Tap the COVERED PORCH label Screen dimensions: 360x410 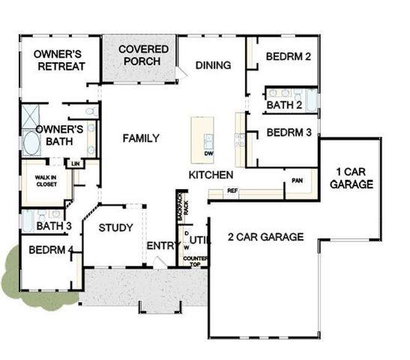(x=143, y=55)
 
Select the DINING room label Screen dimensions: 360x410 (x=213, y=65)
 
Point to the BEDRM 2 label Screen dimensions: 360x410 (x=288, y=57)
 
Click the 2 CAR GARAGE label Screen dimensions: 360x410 (x=265, y=237)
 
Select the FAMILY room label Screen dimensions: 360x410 (x=141, y=138)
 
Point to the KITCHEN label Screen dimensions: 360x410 (x=211, y=175)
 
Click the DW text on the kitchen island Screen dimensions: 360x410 (x=208, y=153)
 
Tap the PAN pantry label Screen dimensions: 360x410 (x=298, y=181)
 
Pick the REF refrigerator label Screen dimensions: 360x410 (x=232, y=191)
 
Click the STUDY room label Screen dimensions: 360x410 (x=115, y=228)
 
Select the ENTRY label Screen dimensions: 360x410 (x=160, y=246)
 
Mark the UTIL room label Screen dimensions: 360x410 (x=198, y=240)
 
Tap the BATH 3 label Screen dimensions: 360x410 (x=53, y=225)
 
